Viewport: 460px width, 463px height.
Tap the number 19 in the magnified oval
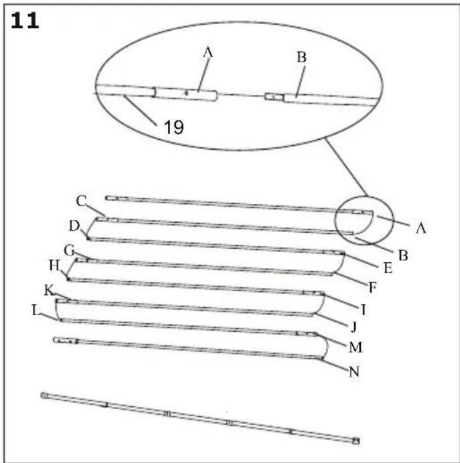click(x=173, y=127)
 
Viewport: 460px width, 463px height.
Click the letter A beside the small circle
click(x=420, y=228)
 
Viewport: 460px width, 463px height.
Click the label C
click(x=81, y=200)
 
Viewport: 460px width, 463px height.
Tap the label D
click(x=74, y=223)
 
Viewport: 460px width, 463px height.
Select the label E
click(x=387, y=267)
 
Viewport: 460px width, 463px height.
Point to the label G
click(x=68, y=250)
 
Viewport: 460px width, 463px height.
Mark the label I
click(x=362, y=310)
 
